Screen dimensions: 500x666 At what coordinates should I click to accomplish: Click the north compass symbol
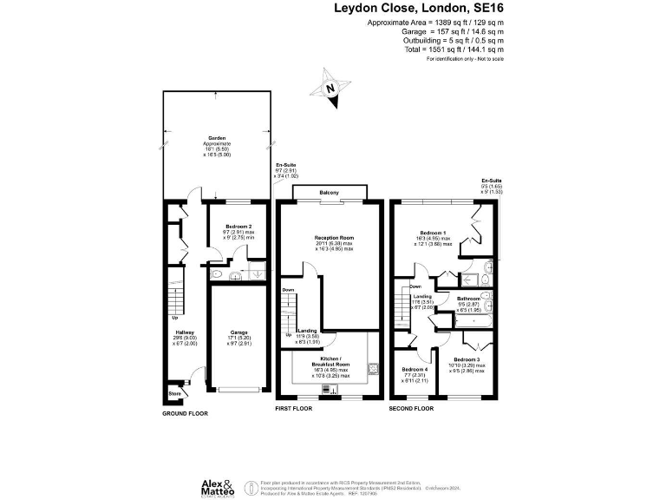pos(330,89)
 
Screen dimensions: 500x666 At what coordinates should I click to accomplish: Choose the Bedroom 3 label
pos(467,360)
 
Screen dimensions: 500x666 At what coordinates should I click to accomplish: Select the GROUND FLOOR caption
pos(186,414)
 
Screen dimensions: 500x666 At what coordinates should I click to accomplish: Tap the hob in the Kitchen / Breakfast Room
pos(371,367)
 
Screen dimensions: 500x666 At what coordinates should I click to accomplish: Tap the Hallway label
pos(176,331)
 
